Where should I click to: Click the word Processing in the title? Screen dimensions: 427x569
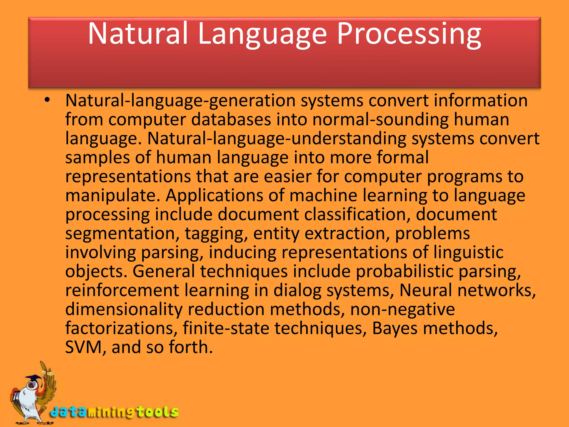(x=409, y=34)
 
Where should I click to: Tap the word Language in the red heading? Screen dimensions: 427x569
(x=263, y=34)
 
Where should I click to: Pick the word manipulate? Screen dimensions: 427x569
(x=111, y=195)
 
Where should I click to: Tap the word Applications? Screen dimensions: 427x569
(x=214, y=195)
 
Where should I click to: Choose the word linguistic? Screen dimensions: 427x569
(x=468, y=252)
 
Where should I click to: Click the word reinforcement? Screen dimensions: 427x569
(x=122, y=290)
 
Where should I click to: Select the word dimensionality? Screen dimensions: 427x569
(x=124, y=309)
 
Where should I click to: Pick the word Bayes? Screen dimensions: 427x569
(x=395, y=328)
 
